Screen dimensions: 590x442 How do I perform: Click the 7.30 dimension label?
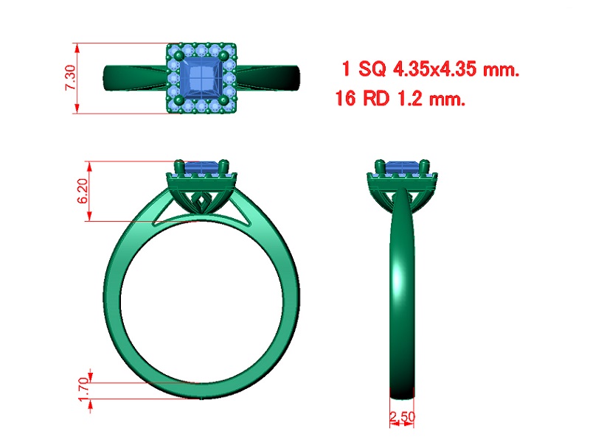(x=71, y=78)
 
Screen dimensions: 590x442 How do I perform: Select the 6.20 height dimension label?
(x=83, y=191)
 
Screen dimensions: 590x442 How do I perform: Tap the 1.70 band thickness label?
(x=84, y=390)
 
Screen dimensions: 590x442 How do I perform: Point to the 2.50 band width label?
(x=402, y=417)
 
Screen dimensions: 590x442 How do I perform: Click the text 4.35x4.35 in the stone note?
(x=434, y=69)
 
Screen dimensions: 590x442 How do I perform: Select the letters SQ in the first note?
(x=372, y=69)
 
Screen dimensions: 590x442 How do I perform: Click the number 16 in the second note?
(x=345, y=99)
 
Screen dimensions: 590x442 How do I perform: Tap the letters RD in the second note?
(x=376, y=99)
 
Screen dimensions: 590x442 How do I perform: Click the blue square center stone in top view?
(x=201, y=79)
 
